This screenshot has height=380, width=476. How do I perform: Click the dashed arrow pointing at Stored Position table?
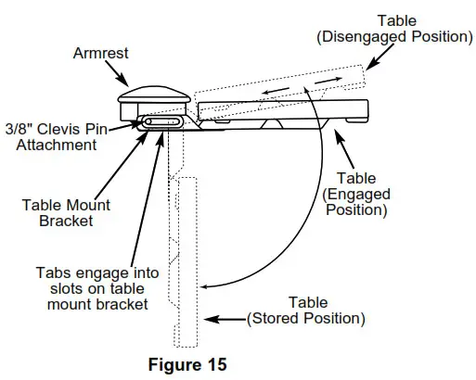(x=224, y=319)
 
